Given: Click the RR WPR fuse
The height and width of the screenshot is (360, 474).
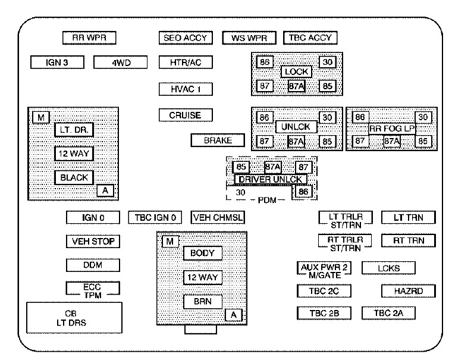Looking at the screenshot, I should (89, 37).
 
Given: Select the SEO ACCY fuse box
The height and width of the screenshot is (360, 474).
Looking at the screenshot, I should (186, 37).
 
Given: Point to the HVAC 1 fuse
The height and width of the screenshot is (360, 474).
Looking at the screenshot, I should (186, 89).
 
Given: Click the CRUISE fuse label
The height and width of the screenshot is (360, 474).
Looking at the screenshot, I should (186, 115).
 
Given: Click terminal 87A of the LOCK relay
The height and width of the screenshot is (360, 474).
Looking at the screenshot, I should (296, 86).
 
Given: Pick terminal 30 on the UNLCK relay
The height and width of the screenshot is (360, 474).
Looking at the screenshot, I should (327, 117).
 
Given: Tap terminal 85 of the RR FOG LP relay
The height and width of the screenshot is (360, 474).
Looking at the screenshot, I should (422, 141).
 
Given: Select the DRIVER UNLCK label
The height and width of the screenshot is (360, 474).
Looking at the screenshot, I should (270, 179).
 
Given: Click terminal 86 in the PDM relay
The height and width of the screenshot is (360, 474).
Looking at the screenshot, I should (303, 192).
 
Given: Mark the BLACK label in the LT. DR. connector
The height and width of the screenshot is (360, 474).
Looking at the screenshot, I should (74, 177).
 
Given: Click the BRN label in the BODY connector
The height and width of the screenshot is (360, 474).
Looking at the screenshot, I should (202, 302).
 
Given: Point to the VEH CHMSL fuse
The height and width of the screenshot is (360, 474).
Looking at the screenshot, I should (217, 218).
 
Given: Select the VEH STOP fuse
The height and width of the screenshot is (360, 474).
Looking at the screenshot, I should (93, 242).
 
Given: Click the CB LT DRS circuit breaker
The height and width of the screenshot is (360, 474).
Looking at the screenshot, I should (74, 318).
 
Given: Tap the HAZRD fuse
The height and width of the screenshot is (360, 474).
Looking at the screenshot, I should (408, 291).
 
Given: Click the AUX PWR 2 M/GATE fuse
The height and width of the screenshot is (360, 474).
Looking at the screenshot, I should (324, 268).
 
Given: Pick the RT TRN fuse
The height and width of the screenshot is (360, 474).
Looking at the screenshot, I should (408, 241).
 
